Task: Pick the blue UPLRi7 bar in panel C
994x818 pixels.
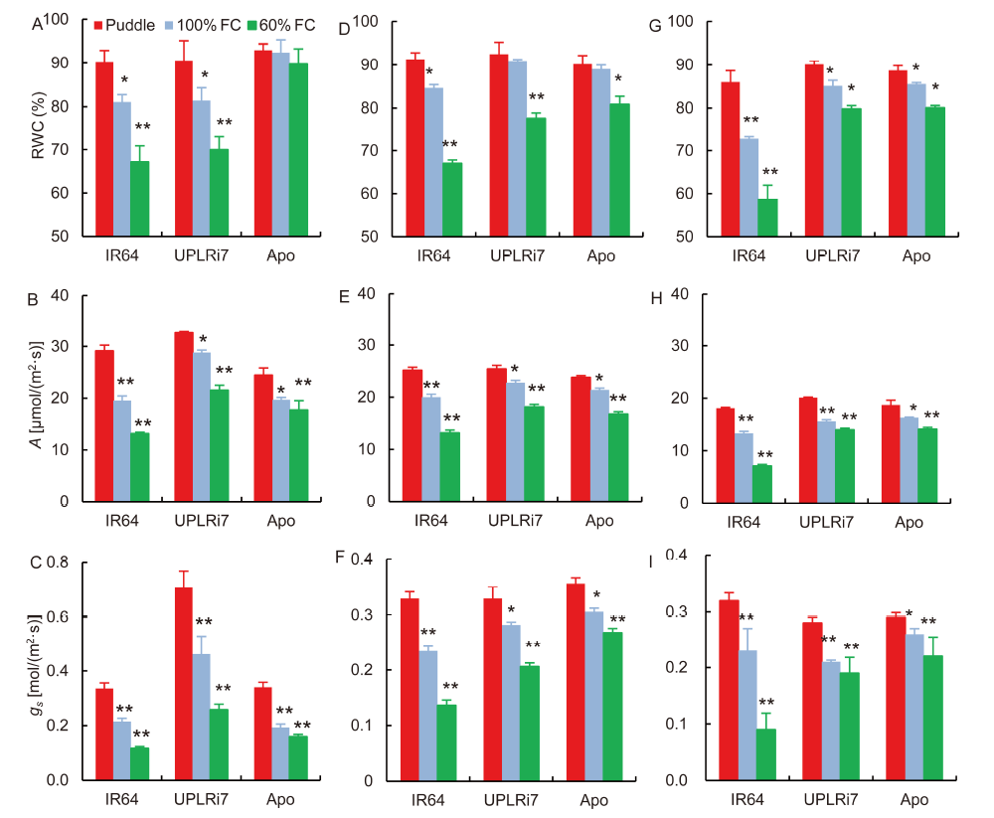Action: coord(202,716)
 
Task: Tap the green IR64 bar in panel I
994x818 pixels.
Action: coord(765,754)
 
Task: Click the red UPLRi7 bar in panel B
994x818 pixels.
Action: coord(183,416)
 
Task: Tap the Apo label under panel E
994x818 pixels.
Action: coord(599,520)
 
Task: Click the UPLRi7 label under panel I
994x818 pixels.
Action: coord(830,798)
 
